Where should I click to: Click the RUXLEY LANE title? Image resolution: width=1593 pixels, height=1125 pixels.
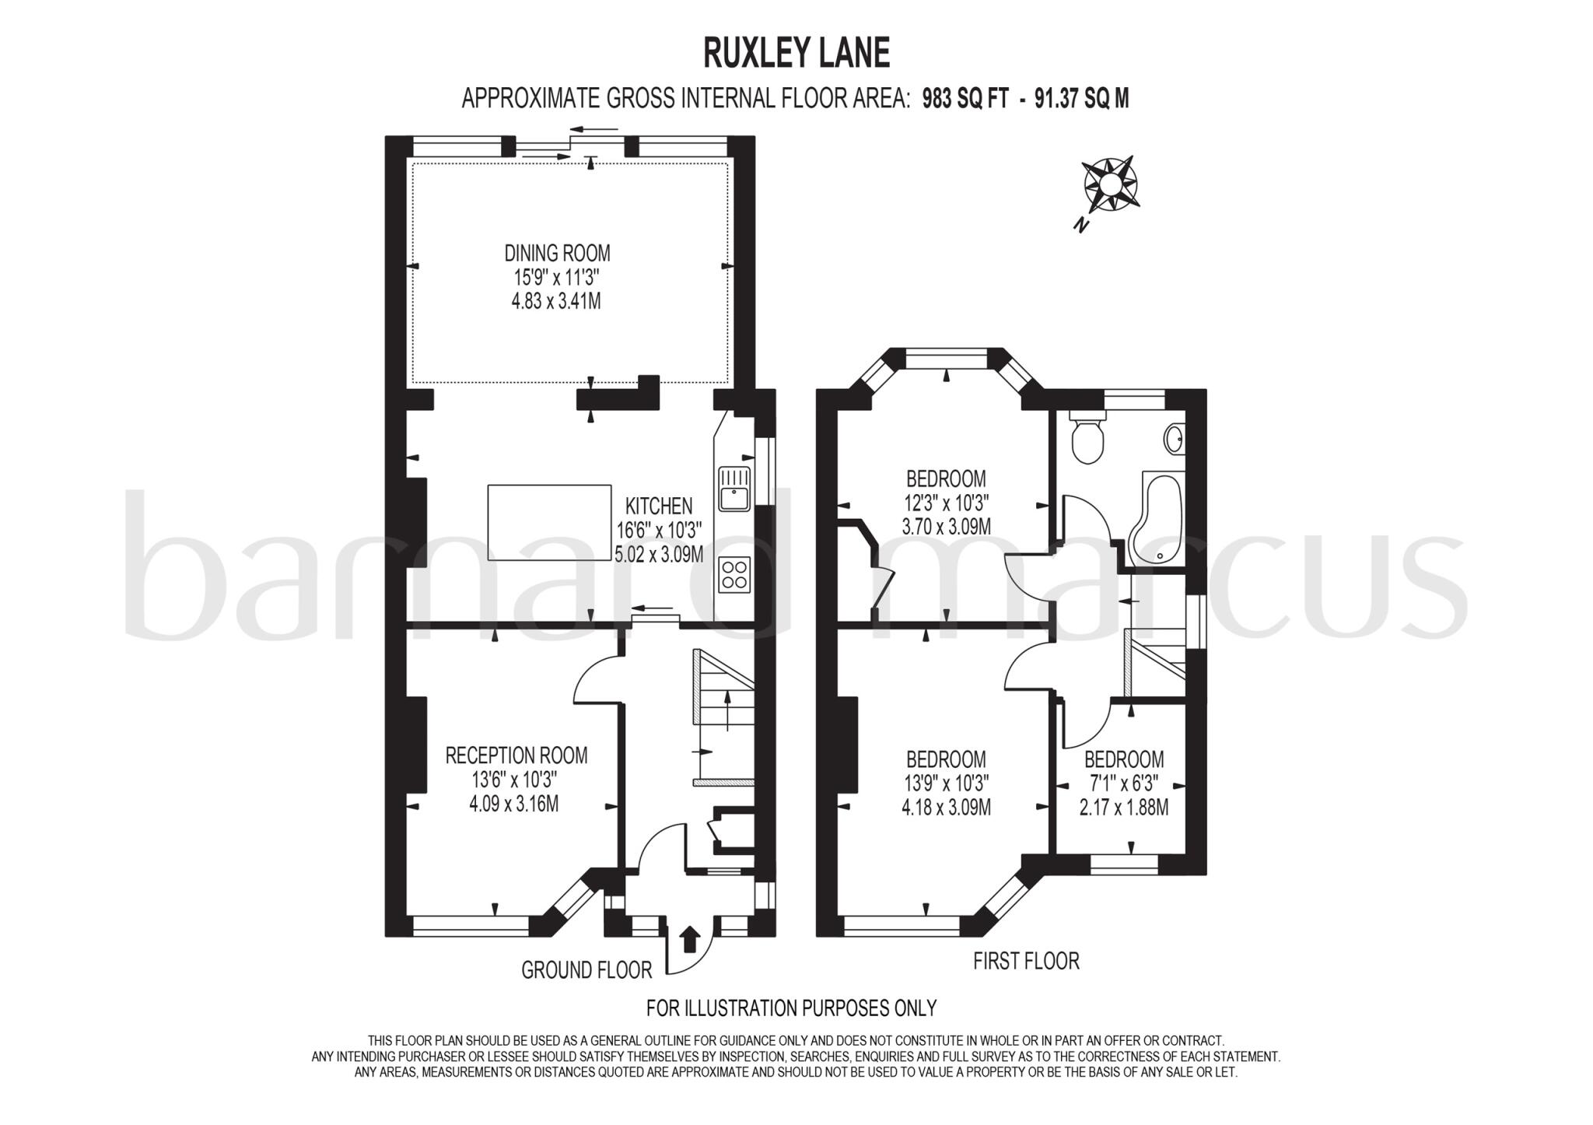tap(796, 54)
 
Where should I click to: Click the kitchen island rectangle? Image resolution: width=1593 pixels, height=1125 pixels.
tap(549, 522)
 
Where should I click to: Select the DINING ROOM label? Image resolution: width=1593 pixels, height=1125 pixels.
tap(557, 253)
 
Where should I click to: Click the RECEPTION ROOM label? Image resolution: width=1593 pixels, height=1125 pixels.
tap(516, 755)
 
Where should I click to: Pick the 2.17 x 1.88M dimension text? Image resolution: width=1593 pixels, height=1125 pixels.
tap(1123, 808)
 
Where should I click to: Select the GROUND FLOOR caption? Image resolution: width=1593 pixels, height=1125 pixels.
tap(586, 970)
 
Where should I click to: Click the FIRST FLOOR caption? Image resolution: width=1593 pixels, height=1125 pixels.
tap(1026, 962)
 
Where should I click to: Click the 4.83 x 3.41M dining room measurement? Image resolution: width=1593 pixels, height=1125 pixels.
tap(555, 301)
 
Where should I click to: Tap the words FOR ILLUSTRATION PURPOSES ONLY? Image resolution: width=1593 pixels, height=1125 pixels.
tap(791, 1008)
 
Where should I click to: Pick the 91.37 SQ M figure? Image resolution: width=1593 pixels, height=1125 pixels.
tap(1081, 99)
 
